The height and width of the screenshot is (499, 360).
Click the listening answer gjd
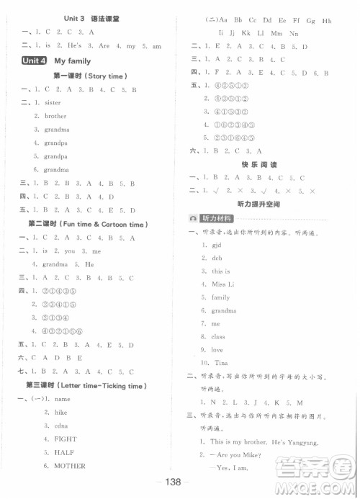tap(218, 245)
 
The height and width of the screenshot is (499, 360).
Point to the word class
tap(219, 336)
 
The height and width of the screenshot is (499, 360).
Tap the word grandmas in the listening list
tap(224, 310)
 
